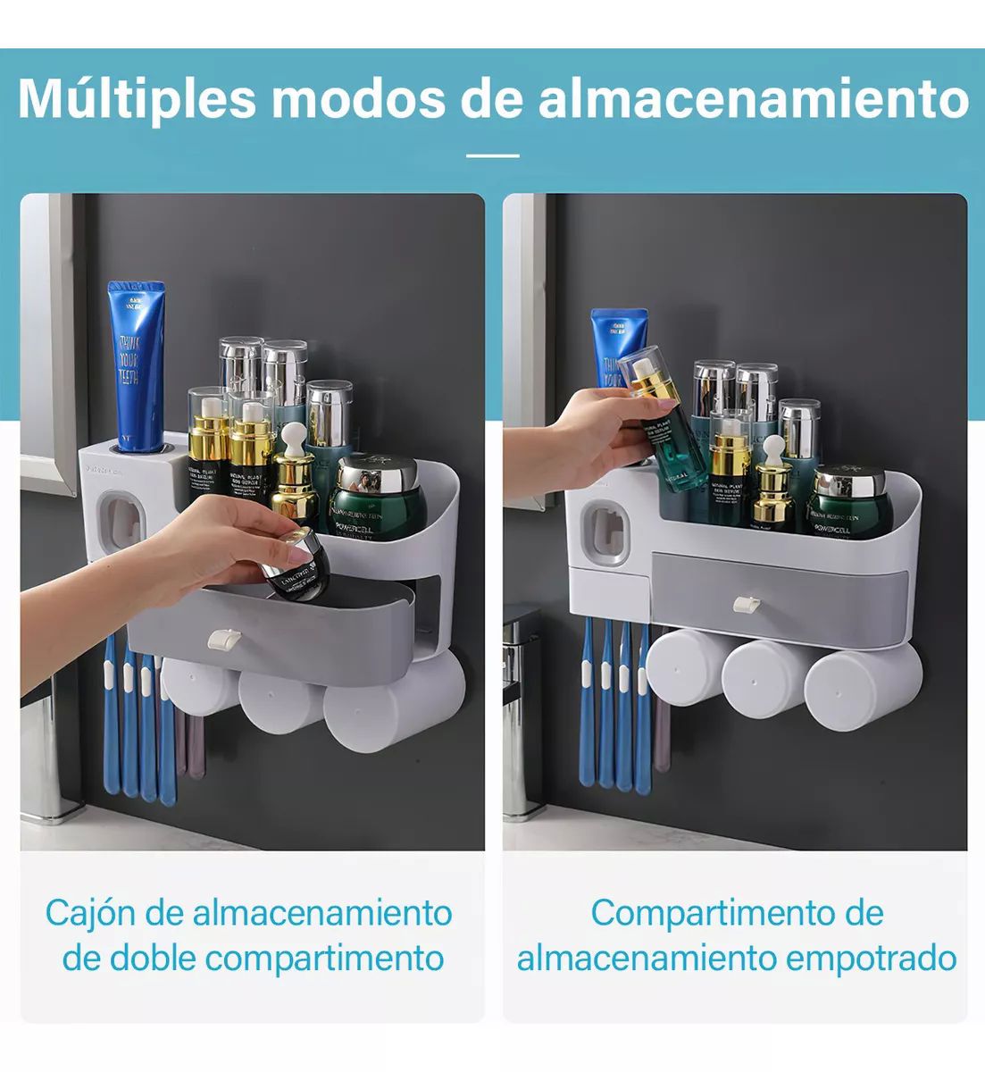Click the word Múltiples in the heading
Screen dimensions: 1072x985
click(137, 98)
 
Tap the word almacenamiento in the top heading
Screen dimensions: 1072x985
click(753, 98)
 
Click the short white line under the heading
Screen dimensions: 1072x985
click(492, 155)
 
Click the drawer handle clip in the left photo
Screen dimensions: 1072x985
click(222, 639)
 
